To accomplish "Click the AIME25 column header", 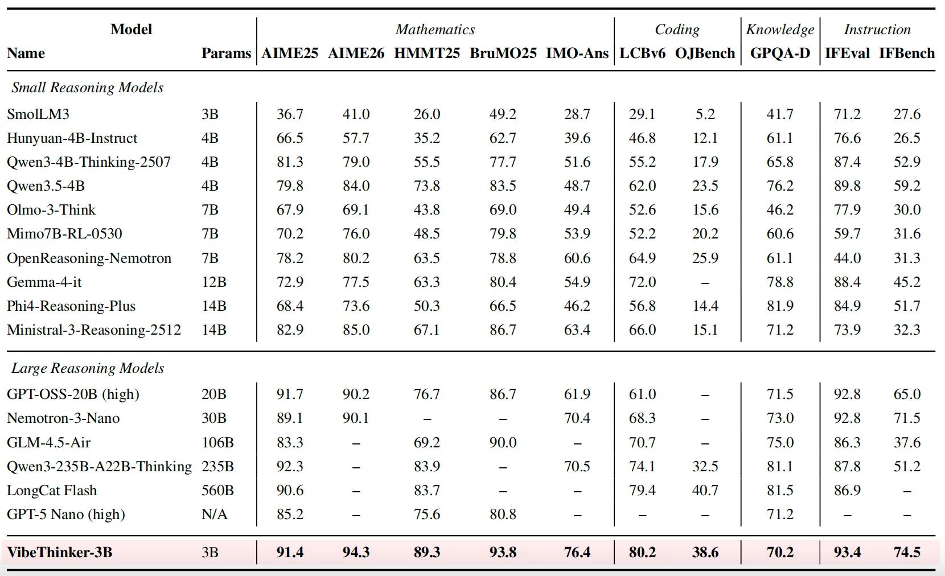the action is (x=289, y=53).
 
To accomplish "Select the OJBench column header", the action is (x=705, y=53).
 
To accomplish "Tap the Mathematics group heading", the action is (x=435, y=29).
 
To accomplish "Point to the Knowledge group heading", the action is (x=780, y=30).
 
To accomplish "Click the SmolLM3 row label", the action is (x=38, y=114).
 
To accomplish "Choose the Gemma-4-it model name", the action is (x=44, y=282).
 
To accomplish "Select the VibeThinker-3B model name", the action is (x=59, y=552).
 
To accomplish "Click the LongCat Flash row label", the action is (x=52, y=491).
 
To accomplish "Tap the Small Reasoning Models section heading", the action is (x=87, y=87).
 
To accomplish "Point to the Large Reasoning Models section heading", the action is (x=87, y=368).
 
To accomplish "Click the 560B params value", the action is (x=217, y=491).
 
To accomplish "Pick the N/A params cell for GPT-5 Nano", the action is (x=214, y=515).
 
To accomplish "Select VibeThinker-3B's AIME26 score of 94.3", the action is (x=356, y=552).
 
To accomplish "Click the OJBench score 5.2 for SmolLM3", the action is (x=705, y=114).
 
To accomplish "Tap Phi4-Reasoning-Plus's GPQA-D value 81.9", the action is (x=780, y=306).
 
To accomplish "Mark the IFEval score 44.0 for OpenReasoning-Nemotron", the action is (x=847, y=258).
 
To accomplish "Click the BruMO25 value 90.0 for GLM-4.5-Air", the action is (x=503, y=442).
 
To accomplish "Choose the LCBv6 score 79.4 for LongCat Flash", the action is (x=642, y=491).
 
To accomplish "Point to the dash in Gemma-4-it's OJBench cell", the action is (x=705, y=282).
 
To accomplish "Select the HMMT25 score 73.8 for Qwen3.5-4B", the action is (x=426, y=186).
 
